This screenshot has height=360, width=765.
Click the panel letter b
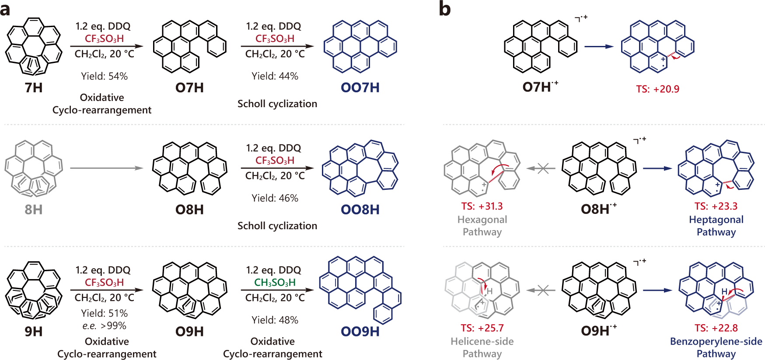tap(444, 9)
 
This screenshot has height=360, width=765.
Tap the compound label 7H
tap(34, 87)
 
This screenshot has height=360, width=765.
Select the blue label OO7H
tap(360, 87)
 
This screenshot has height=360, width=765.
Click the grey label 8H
tap(34, 210)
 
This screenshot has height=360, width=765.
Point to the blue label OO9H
tap(360, 332)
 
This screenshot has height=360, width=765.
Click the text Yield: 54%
tap(104, 76)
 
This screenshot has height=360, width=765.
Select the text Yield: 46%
tap(275, 198)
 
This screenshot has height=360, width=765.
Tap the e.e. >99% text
tap(104, 325)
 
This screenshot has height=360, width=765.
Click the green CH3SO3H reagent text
tap(275, 283)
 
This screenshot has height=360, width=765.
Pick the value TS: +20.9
tap(657, 89)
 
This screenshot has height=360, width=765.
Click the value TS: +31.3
tap(482, 206)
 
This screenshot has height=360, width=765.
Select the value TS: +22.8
tap(716, 328)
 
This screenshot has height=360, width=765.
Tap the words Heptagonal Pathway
tap(716, 226)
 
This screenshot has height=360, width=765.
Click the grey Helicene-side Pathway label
tap(482, 347)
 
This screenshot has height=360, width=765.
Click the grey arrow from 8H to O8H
tap(107, 168)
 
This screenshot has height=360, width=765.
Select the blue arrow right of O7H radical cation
tap(599, 46)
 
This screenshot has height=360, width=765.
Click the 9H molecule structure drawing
tap(34, 290)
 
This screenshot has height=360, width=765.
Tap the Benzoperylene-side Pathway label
tap(716, 347)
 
